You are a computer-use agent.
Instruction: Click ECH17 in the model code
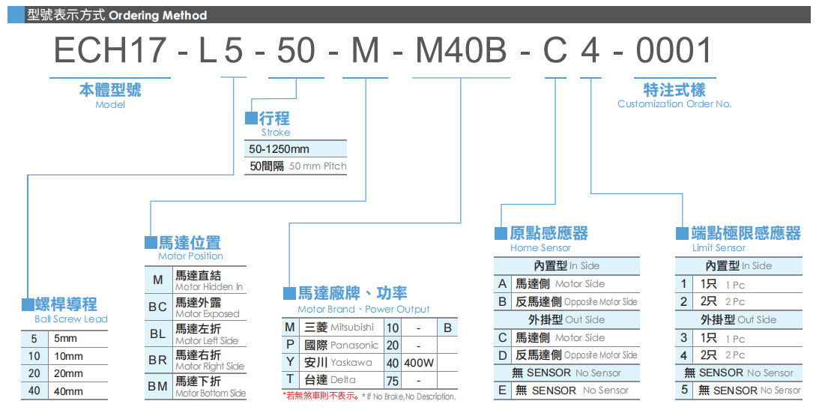coord(109,51)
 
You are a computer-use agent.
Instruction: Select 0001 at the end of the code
coord(673,51)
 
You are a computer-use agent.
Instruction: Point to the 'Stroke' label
coord(275,132)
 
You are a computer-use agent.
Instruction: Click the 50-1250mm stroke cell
coord(279,149)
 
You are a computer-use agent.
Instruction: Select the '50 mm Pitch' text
coord(318,166)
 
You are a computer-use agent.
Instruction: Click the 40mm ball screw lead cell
coord(69,391)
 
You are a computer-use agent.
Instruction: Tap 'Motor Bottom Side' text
coord(211,394)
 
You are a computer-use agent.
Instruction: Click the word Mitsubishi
coord(352,328)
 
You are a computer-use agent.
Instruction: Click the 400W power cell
coord(419,363)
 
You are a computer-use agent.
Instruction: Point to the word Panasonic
coord(354,346)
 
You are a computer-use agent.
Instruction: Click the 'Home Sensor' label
coord(540,248)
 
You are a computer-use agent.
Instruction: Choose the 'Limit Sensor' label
coord(719,248)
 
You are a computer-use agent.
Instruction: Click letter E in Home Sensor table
coord(502,391)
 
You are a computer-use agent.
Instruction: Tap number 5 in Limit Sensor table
coord(683,391)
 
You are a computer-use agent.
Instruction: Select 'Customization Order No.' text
coord(674,104)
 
